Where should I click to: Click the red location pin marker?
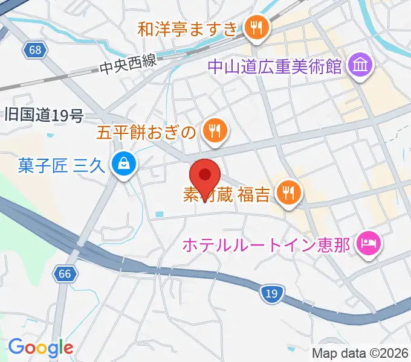pos(204,177)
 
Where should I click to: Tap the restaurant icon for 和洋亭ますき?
pos(257,28)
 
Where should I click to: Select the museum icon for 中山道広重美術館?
pos(360,64)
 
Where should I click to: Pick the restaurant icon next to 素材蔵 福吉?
pos(288,193)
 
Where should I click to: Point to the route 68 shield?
pos(36,50)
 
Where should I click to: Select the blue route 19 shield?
pos(271,294)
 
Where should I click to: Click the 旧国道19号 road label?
pos(44,115)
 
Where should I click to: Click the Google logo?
pos(40,348)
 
